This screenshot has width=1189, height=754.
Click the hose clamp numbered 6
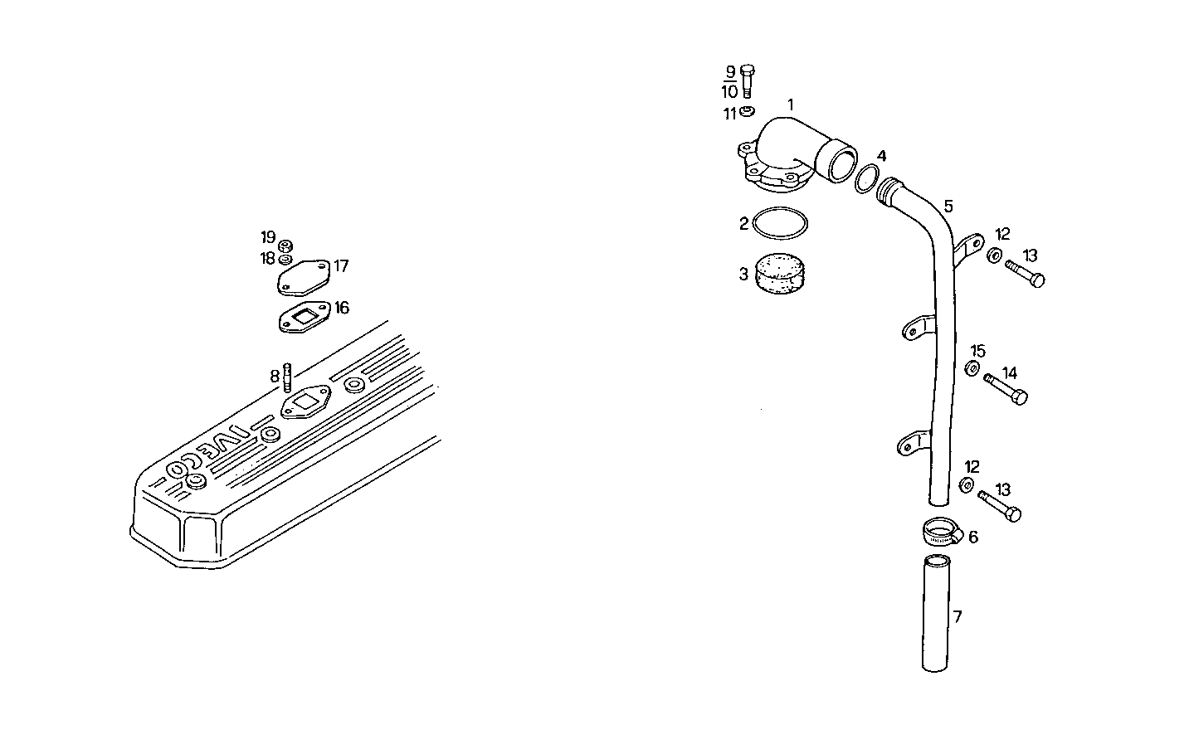coord(941,530)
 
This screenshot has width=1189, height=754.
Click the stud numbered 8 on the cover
coord(287,377)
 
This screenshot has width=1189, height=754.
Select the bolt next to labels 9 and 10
coord(747,81)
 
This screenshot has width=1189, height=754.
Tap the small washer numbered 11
coord(747,111)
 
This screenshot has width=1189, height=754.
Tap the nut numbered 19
coord(285,245)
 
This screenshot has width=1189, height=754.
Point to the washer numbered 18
coord(285,259)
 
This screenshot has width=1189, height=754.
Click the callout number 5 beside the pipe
coord(948,206)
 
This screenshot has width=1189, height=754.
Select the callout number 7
coord(958,616)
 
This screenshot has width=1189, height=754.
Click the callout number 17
coord(341,266)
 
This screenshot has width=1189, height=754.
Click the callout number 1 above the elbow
coord(791,105)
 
